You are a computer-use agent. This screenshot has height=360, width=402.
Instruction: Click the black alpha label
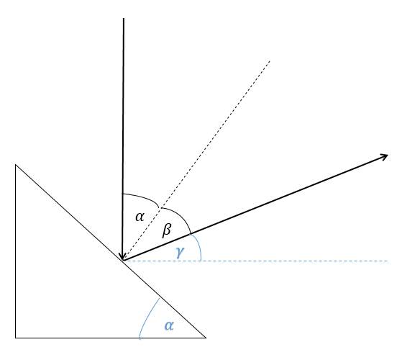click(x=140, y=217)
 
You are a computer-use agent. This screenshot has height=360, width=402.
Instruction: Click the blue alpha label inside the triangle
click(x=169, y=325)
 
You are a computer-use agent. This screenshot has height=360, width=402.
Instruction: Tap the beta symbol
click(x=167, y=230)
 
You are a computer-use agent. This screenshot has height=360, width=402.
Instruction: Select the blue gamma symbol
click(x=181, y=252)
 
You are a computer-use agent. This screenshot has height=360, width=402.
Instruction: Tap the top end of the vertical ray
click(x=124, y=18)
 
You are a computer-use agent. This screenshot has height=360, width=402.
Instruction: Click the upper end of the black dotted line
click(x=270, y=61)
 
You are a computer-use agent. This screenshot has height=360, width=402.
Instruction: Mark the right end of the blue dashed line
click(x=388, y=261)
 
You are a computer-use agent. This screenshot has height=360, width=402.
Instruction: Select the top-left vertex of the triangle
click(x=16, y=164)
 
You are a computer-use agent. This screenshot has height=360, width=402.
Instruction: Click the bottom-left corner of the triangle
click(x=16, y=338)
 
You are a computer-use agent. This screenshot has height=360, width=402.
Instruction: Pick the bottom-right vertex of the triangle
click(x=206, y=338)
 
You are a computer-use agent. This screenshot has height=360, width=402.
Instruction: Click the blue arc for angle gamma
click(x=198, y=245)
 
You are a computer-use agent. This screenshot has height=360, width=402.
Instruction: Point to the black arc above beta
click(x=180, y=215)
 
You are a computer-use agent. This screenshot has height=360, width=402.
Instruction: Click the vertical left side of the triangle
click(x=16, y=251)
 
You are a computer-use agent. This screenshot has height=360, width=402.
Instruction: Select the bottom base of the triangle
click(x=111, y=338)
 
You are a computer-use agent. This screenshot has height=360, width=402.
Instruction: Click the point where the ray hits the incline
click(x=123, y=261)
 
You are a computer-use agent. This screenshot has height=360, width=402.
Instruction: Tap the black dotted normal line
click(x=196, y=161)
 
